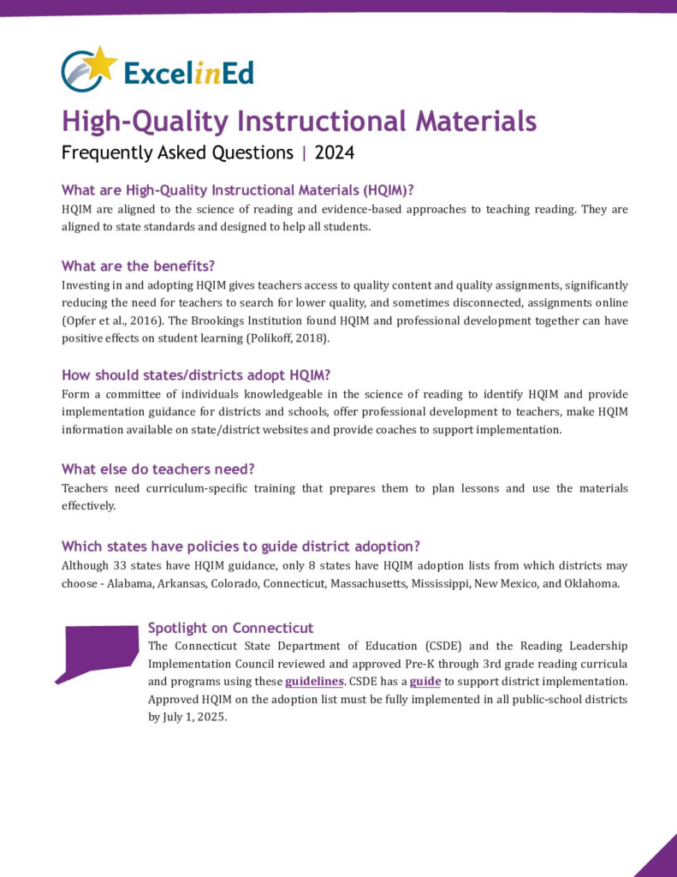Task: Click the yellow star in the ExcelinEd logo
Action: tap(101, 62)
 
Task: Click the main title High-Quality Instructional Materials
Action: tap(299, 121)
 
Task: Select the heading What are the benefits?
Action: tap(138, 265)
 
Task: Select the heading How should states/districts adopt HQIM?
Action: tap(196, 374)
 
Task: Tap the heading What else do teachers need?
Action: tap(158, 468)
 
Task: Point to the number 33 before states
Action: tap(127, 565)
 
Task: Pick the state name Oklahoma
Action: tap(590, 583)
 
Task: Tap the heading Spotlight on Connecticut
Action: tap(230, 627)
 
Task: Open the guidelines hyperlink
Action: tap(314, 682)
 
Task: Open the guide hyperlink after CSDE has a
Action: tap(425, 682)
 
